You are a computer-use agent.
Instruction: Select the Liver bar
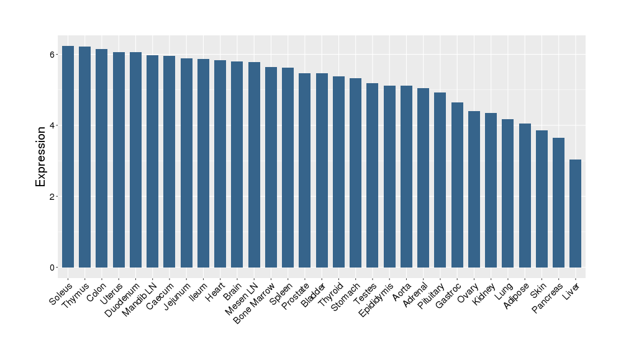(576, 214)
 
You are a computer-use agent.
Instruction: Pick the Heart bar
(220, 164)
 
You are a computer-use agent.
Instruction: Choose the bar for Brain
(237, 164)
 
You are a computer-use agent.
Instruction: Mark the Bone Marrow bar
(271, 167)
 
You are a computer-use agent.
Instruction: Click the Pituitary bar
(440, 180)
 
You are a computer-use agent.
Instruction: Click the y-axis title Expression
(41, 156)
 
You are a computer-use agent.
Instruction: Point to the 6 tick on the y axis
(54, 55)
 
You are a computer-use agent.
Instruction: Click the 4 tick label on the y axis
(54, 126)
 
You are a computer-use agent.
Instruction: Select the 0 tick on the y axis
(54, 268)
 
